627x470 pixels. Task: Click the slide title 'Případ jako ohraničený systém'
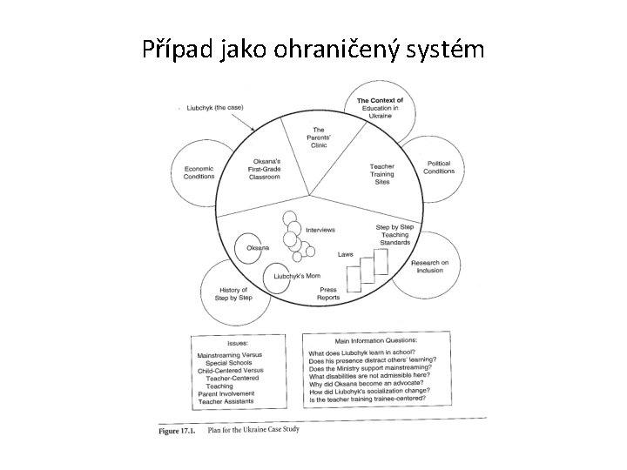[313, 50]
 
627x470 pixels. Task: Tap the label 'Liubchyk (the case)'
[215, 107]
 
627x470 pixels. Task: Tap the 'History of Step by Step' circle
[233, 292]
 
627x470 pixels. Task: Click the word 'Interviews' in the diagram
[321, 229]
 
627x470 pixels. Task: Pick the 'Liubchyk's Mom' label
[297, 276]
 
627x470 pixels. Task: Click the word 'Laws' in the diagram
[346, 255]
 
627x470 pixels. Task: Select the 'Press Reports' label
[328, 293]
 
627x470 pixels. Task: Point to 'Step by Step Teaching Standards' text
[394, 235]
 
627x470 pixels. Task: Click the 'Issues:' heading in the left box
[239, 342]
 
